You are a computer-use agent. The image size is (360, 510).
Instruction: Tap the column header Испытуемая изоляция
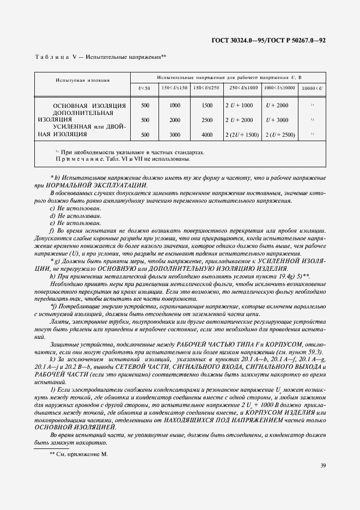[82, 80]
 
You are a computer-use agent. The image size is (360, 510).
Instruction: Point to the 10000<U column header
[312, 87]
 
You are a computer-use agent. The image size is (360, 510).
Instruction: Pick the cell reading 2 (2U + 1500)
[241, 134]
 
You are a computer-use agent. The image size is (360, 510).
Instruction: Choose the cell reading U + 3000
[277, 120]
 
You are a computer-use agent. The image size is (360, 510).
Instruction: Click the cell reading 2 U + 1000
[240, 105]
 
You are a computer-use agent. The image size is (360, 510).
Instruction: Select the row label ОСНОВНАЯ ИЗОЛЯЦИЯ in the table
[89, 105]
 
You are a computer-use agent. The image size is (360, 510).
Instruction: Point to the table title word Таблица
[51, 57]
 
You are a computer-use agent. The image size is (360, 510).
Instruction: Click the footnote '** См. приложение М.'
[79, 453]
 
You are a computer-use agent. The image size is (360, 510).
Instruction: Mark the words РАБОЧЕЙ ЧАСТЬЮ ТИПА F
[217, 345]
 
